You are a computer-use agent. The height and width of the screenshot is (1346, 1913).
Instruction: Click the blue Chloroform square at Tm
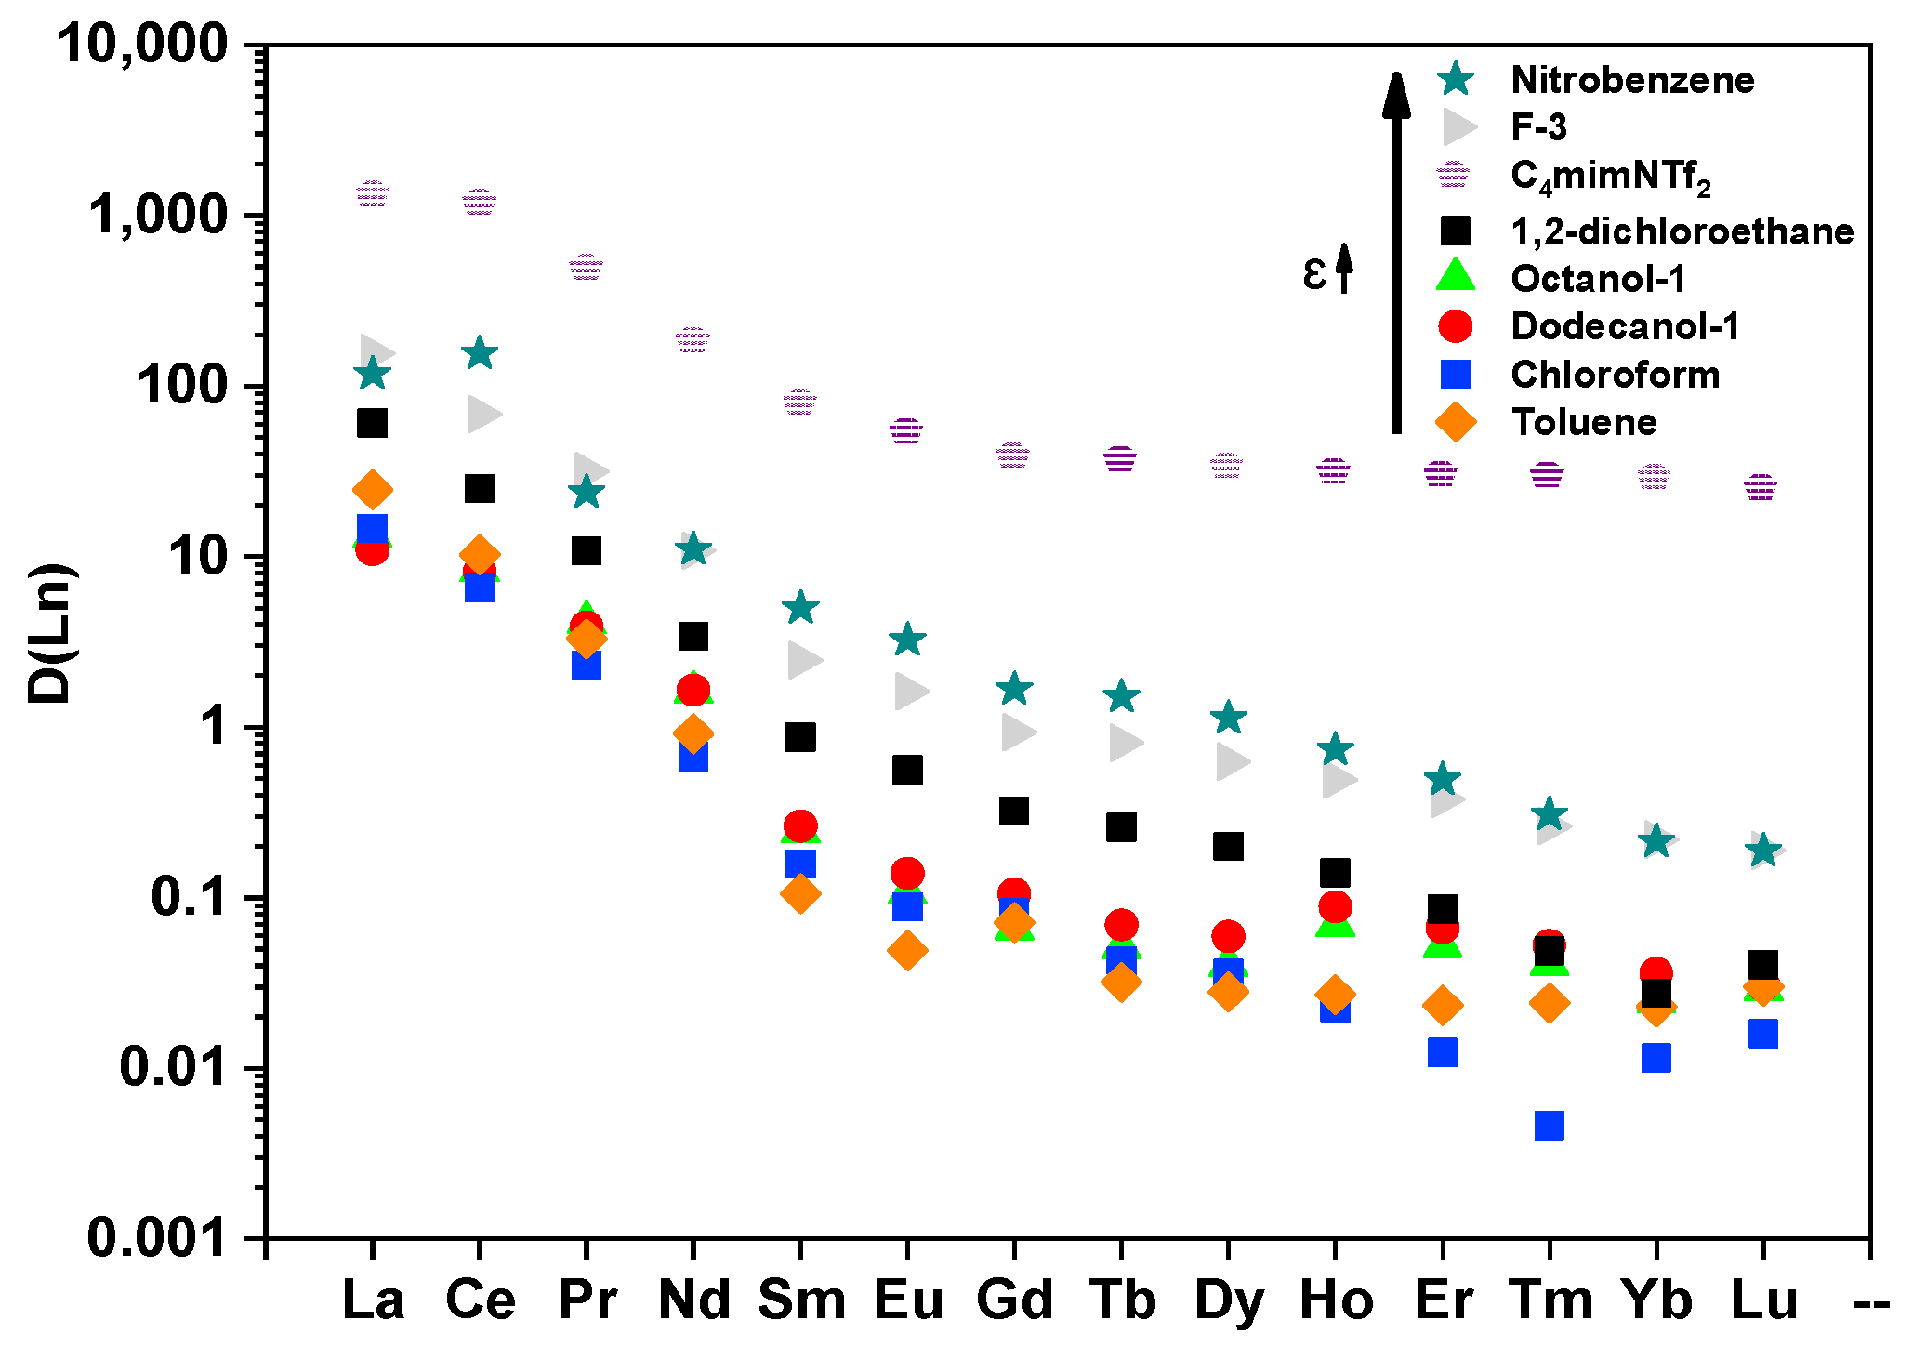tap(1549, 1126)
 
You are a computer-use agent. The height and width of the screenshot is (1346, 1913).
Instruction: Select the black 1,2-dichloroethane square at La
tap(372, 423)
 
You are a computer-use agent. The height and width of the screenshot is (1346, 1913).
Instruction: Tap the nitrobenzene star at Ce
tap(480, 352)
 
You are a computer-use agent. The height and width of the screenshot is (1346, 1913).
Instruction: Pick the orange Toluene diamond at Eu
tap(907, 950)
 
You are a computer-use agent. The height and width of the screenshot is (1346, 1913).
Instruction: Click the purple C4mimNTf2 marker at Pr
tap(587, 268)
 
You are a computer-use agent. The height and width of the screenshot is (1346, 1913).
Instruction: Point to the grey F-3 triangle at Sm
tap(804, 660)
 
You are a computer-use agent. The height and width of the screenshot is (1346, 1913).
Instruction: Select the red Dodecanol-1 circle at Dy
tap(1228, 935)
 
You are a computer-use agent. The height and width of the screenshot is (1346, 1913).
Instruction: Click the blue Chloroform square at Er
tap(1442, 1052)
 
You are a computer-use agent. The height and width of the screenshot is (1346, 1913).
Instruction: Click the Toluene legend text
tap(1584, 422)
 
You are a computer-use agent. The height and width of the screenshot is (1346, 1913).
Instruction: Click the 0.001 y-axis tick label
tap(156, 1237)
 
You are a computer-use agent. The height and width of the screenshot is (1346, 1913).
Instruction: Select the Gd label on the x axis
tap(1014, 1300)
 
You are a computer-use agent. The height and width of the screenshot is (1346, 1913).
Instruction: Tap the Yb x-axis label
tap(1656, 1300)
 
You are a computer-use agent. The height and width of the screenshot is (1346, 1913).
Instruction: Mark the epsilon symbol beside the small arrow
tap(1313, 273)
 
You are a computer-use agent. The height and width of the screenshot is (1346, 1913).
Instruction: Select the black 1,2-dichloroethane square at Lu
tap(1762, 964)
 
